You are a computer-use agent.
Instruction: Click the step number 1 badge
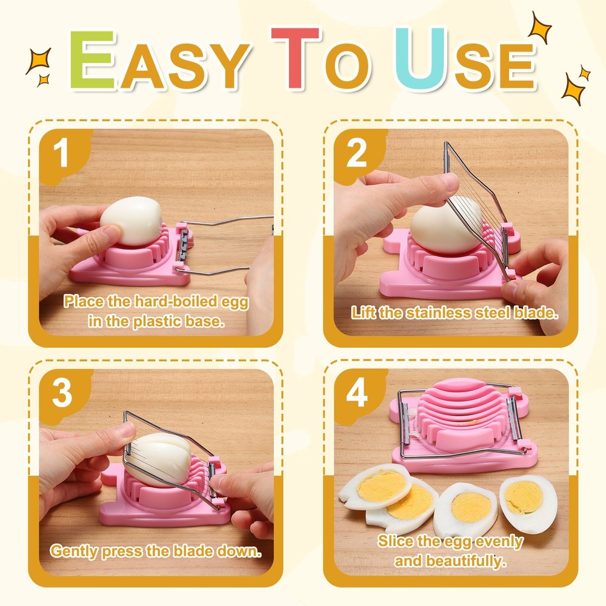61,153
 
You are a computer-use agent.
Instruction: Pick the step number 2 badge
356,154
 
